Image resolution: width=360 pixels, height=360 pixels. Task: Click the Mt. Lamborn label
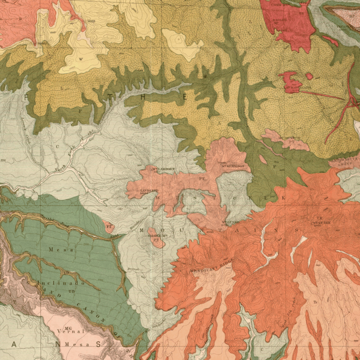163,169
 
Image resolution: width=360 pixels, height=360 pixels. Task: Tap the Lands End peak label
149,191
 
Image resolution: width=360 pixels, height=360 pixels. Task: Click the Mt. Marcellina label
297,87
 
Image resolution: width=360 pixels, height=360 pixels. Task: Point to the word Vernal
70,331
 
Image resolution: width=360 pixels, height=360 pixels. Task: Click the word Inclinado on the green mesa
58,283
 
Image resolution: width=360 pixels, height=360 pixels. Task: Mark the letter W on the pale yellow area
81,59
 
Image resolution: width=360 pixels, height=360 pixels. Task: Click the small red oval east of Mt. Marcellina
309,76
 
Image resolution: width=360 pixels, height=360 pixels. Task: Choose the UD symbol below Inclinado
71,292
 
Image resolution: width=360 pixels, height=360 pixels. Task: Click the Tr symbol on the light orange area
315,302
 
